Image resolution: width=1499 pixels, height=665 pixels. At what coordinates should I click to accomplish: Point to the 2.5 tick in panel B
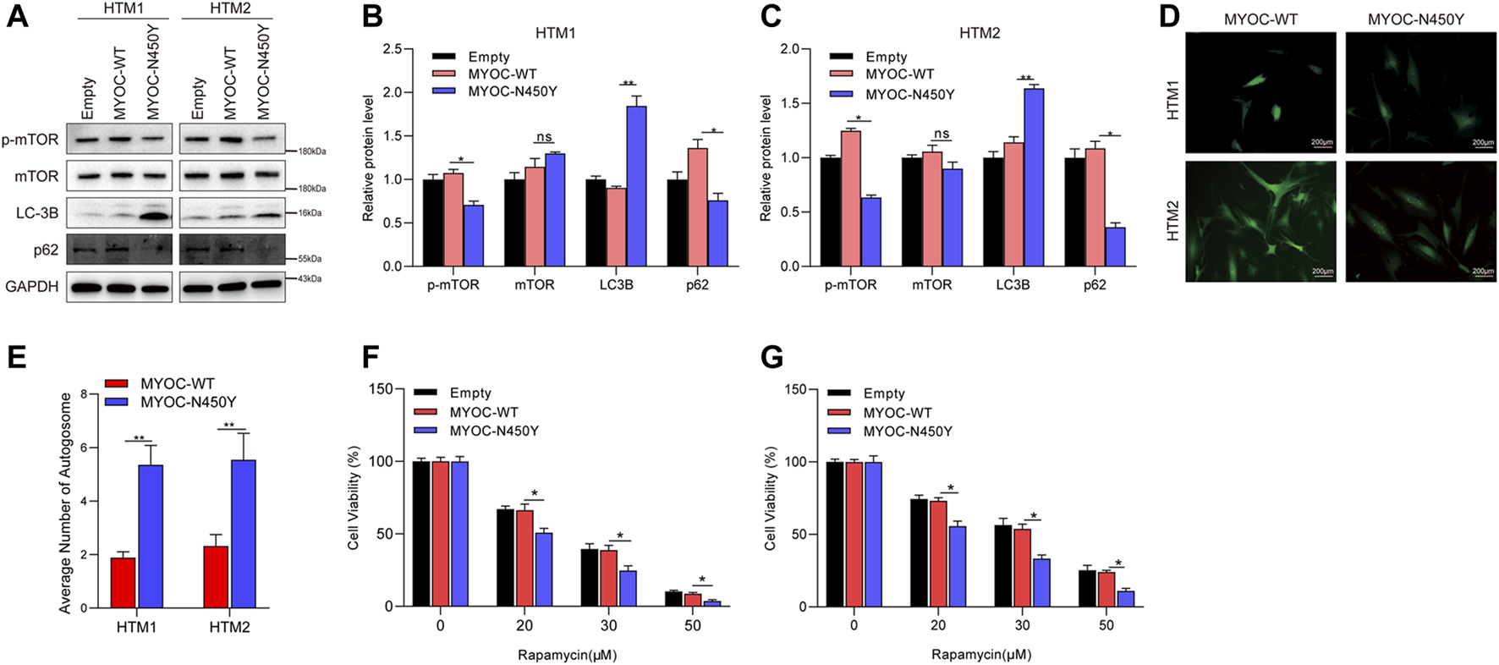[x=392, y=49]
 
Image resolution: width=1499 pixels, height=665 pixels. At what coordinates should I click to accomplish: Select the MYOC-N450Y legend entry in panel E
[x=188, y=402]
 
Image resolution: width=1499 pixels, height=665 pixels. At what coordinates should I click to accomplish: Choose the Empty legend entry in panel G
[x=883, y=393]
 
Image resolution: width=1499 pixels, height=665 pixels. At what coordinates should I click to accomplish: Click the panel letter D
[x=1169, y=17]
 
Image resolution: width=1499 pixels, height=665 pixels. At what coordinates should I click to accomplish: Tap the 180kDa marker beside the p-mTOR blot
[x=311, y=151]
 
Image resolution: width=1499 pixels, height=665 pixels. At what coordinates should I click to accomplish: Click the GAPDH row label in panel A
[x=32, y=287]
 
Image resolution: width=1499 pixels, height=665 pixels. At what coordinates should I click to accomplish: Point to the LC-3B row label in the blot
[x=37, y=213]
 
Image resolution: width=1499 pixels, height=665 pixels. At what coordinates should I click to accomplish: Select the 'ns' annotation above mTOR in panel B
[x=543, y=137]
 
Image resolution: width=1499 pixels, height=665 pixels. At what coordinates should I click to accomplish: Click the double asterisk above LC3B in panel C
[x=1026, y=77]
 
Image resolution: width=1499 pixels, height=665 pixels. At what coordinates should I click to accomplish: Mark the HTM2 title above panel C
[x=980, y=33]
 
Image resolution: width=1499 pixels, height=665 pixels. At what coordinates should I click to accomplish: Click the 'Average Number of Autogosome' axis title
[x=65, y=503]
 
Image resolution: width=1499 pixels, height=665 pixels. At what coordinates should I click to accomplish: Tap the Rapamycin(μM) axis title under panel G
[x=981, y=654]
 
